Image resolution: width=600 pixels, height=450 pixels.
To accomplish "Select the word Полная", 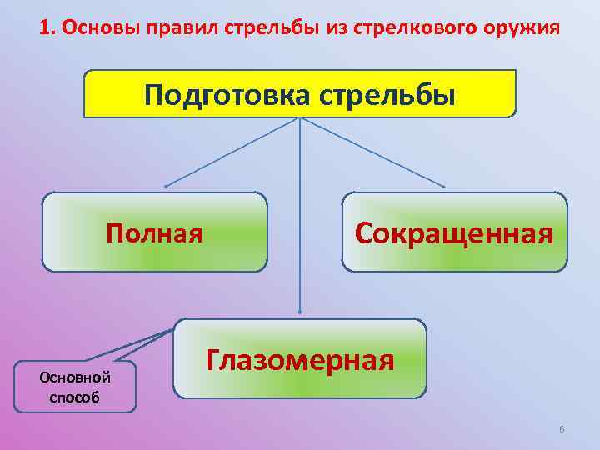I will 154,232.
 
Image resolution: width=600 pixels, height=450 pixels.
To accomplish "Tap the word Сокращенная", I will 454,232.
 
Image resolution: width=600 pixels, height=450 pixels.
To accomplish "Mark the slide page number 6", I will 562,428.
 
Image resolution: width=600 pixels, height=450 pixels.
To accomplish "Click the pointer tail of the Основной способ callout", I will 154,337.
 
